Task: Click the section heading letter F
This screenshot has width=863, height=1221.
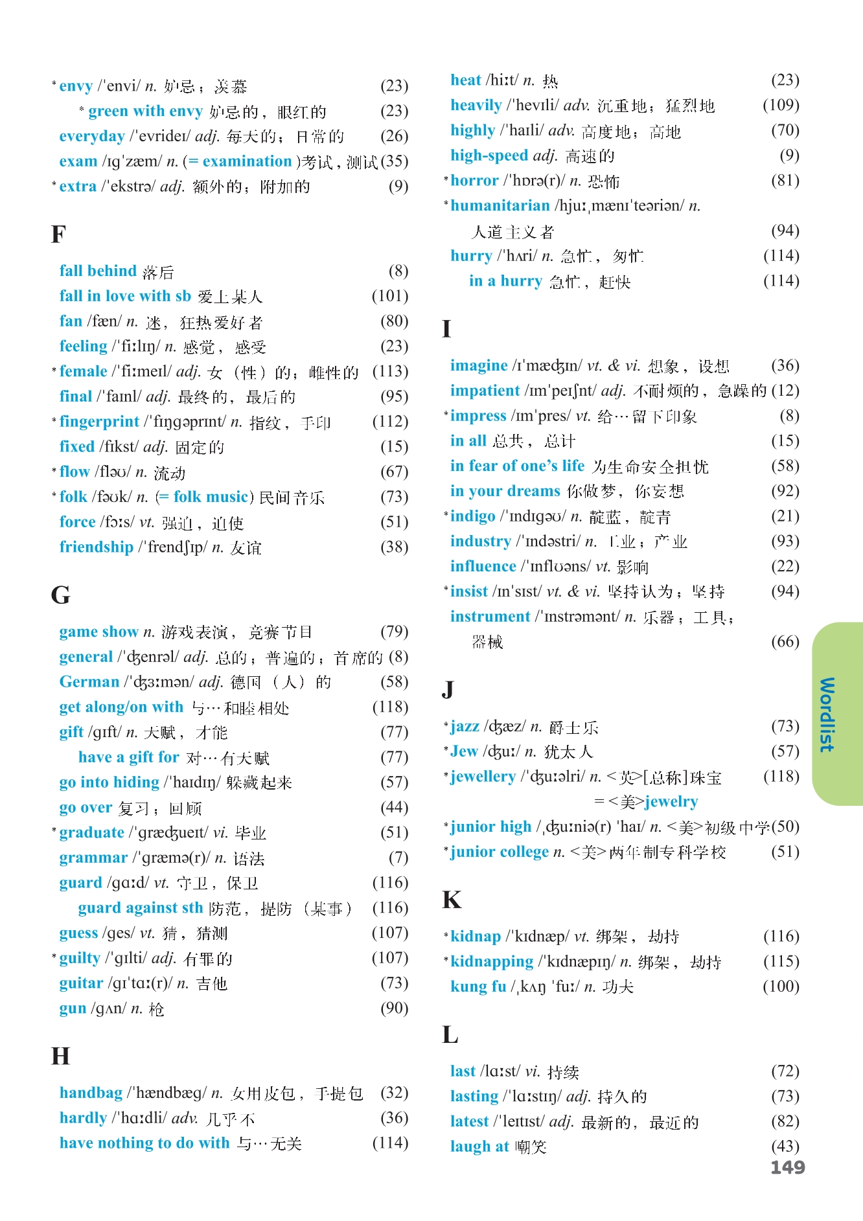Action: click(58, 234)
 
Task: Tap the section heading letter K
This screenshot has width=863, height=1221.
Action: click(452, 900)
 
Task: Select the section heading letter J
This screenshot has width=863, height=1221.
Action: click(448, 689)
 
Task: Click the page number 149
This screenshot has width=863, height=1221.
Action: click(787, 1167)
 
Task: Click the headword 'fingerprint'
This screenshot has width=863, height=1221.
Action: click(99, 422)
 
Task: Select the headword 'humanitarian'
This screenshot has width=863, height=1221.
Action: click(500, 206)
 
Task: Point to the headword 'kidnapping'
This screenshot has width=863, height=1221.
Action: click(492, 961)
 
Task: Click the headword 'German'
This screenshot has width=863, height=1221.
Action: click(89, 682)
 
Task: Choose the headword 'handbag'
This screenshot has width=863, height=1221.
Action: click(91, 1093)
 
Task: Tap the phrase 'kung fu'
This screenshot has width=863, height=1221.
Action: click(478, 987)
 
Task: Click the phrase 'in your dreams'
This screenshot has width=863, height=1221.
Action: click(505, 491)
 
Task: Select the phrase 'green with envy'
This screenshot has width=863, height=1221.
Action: click(146, 111)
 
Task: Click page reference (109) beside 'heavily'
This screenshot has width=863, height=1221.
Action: click(781, 105)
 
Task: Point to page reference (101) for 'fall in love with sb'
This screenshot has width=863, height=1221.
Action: click(390, 296)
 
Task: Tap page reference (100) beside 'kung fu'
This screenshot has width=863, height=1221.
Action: click(781, 987)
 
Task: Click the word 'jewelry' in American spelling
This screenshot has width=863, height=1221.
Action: click(671, 802)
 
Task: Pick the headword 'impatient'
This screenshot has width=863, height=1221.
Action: click(485, 391)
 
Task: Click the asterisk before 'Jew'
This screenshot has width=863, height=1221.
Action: click(446, 748)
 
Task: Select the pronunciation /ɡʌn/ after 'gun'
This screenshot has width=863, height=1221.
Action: click(108, 1009)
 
